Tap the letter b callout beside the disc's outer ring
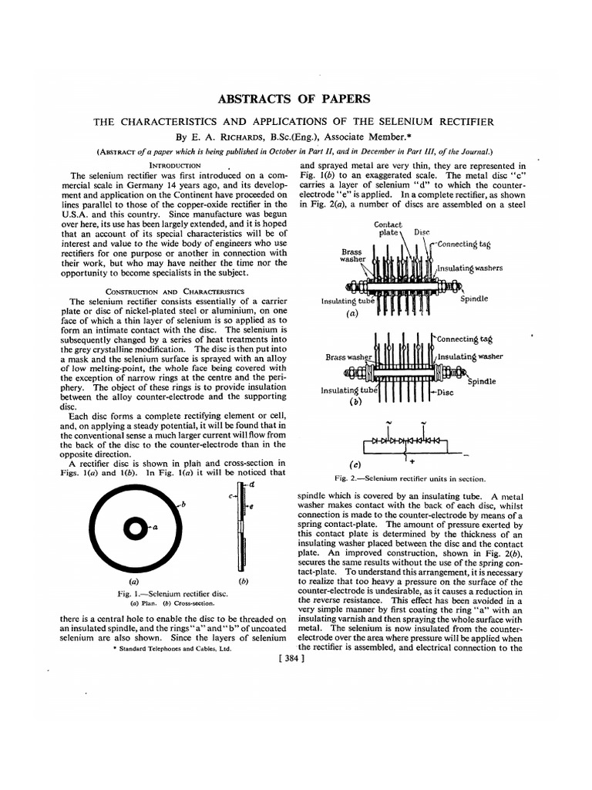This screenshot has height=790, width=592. (x=184, y=503)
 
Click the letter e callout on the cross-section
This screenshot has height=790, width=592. (x=251, y=507)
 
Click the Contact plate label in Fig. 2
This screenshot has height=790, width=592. (x=388, y=228)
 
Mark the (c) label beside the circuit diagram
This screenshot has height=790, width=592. (x=355, y=464)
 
